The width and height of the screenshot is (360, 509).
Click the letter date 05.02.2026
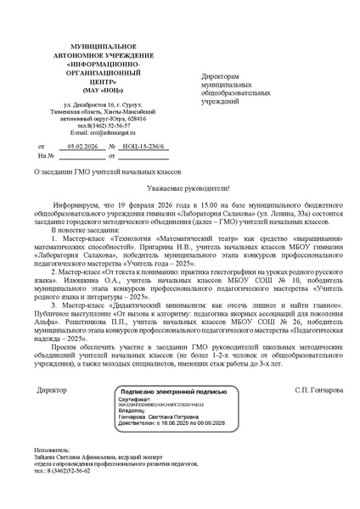(x=82, y=147)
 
